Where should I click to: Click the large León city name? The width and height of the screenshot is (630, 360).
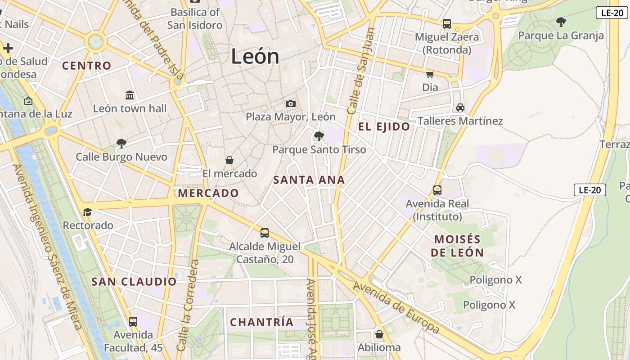pyautogui.click(x=255, y=57)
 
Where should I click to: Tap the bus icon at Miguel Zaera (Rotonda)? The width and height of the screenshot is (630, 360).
pyautogui.click(x=447, y=24)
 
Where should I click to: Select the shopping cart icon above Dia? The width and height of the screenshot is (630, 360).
pyautogui.click(x=430, y=74)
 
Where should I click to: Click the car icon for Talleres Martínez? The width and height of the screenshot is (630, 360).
pyautogui.click(x=460, y=108)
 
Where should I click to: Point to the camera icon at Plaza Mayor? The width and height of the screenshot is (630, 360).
pyautogui.click(x=291, y=104)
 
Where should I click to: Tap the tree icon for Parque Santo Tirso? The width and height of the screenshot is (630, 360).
pyautogui.click(x=319, y=136)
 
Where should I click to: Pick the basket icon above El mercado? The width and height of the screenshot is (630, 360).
pyautogui.click(x=229, y=160)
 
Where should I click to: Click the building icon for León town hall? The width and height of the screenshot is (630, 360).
pyautogui.click(x=130, y=95)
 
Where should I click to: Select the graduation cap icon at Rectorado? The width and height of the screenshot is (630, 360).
pyautogui.click(x=88, y=212)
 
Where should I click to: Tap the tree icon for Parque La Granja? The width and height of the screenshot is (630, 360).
pyautogui.click(x=561, y=22)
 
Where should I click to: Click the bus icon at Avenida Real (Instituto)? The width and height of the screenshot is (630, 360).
pyautogui.click(x=437, y=190)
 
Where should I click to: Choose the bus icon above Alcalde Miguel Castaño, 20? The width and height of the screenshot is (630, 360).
pyautogui.click(x=265, y=233)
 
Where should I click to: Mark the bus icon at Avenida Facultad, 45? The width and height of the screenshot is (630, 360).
pyautogui.click(x=133, y=322)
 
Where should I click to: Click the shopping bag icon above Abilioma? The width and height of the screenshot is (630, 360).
pyautogui.click(x=379, y=334)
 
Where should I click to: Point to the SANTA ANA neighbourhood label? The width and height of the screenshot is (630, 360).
pyautogui.click(x=309, y=180)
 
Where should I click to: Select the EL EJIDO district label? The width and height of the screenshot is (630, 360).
pyautogui.click(x=384, y=127)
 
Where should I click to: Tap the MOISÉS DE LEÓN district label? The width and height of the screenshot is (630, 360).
pyautogui.click(x=457, y=246)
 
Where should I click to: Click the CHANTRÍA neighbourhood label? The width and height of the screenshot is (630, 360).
pyautogui.click(x=261, y=322)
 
